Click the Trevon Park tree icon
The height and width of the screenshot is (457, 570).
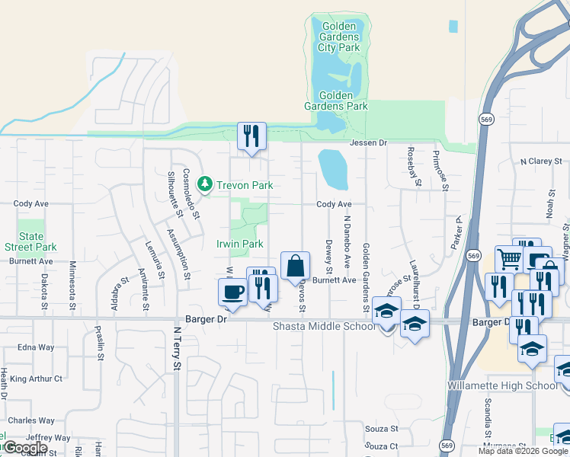click(x=204, y=184)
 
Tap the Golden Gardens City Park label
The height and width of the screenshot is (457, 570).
click(x=338, y=37)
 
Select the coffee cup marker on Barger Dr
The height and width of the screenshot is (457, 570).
click(x=232, y=292)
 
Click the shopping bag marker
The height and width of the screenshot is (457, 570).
click(x=295, y=267)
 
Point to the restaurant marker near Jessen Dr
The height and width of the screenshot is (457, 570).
click(x=251, y=136)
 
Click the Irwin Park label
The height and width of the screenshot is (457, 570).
click(x=240, y=244)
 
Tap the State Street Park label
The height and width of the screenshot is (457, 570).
click(x=31, y=241)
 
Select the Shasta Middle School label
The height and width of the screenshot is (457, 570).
click(x=324, y=326)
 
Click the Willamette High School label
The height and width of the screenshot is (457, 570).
click(x=503, y=385)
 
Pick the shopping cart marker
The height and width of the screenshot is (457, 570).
click(x=508, y=259)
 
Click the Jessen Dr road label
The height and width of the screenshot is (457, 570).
click(x=369, y=143)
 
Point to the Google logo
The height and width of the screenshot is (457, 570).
click(x=25, y=448)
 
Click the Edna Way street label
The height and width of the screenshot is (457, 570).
click(x=36, y=347)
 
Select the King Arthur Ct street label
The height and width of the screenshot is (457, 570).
click(x=36, y=379)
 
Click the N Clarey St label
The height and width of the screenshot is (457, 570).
click(x=540, y=161)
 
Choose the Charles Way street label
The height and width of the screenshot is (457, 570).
click(x=31, y=420)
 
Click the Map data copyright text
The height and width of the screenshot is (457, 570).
click(x=522, y=451)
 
